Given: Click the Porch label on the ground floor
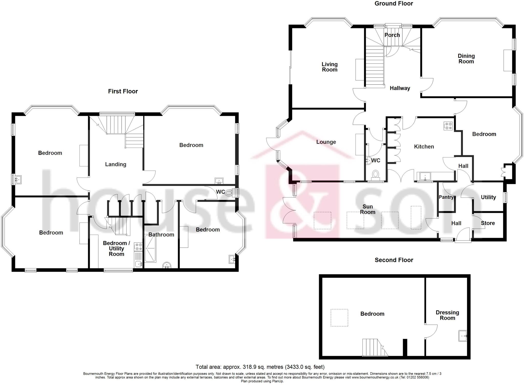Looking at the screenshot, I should coord(392,35).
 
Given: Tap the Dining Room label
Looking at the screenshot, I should coord(466,59).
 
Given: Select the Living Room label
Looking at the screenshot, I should coord(330,67).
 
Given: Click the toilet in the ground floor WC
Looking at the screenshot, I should coord(376,174).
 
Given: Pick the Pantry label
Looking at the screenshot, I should coord(446,197).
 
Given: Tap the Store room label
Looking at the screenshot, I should coord(488,223).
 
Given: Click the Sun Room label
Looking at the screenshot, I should coord(368,209).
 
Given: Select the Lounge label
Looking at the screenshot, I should coord(326,142).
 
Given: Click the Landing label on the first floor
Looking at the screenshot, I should coord(116,164).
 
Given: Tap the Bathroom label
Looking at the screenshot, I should coord(161,235).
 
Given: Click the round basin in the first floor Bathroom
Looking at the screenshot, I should coord(167,265).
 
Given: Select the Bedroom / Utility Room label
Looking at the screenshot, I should coord(116,248).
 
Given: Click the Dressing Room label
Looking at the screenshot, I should coord(447,315).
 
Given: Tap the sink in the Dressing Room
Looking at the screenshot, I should coord(463,336).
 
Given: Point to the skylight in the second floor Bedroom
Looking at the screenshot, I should coord(339,318).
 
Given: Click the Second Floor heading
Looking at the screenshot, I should coord(394,260).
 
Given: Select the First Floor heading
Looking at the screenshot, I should coord(123,91).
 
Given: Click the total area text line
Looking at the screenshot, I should coord(260,367).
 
